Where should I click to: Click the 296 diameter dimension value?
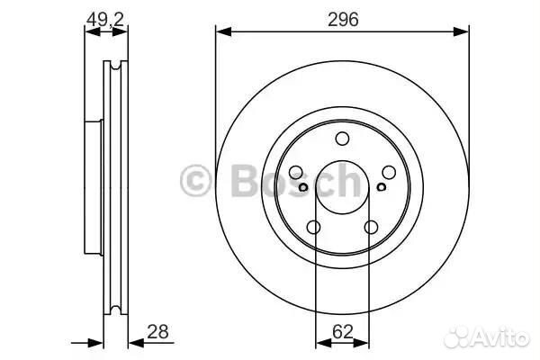click(343, 19)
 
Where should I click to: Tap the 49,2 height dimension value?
click(104, 19)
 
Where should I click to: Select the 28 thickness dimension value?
click(157, 332)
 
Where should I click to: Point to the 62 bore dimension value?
click(343, 332)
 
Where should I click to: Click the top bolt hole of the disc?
click(342, 139)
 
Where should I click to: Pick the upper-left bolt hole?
click(295, 172)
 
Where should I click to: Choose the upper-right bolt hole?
click(389, 172)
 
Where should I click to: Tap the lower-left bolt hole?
click(313, 228)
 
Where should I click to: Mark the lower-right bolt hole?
click(371, 228)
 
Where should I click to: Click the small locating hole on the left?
click(303, 187)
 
